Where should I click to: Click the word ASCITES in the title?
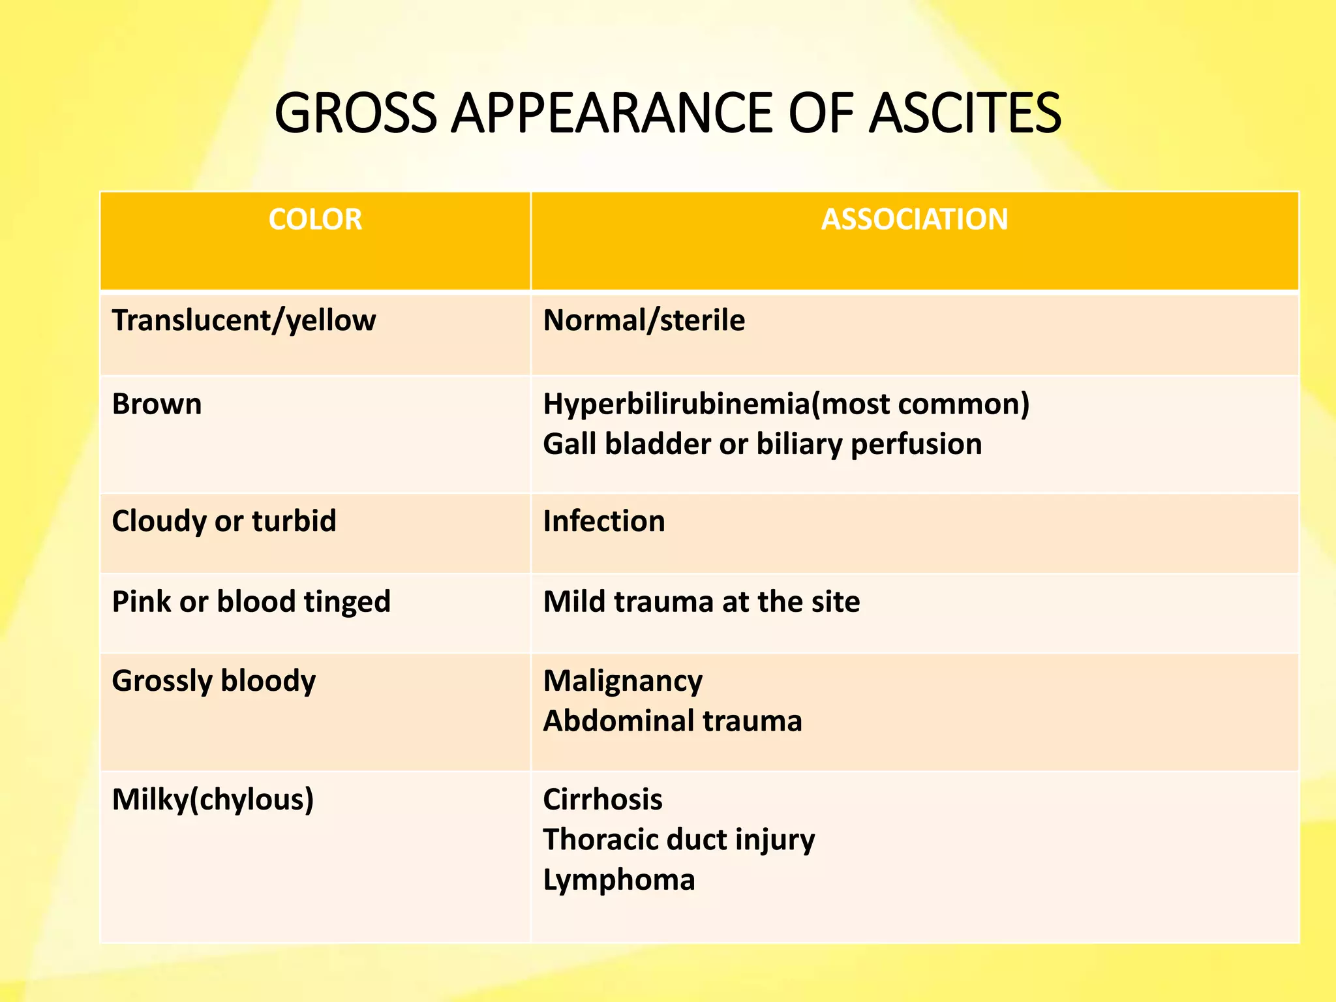965,114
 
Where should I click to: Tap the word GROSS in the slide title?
355,114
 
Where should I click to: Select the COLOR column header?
315,219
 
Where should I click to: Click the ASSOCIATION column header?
915,219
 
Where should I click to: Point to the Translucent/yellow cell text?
244,321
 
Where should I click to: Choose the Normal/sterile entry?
644,321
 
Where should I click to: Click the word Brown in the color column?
157,404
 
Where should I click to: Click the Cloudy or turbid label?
224,521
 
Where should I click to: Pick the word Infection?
604,521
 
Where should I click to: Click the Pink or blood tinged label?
251,601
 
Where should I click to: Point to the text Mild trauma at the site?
701,601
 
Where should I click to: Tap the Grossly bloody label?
213,681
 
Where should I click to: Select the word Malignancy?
623,682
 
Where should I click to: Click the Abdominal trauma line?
673,721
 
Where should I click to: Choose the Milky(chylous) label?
213,800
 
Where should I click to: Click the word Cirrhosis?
603,800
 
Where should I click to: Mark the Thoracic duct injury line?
678,840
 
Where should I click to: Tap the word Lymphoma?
619,880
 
